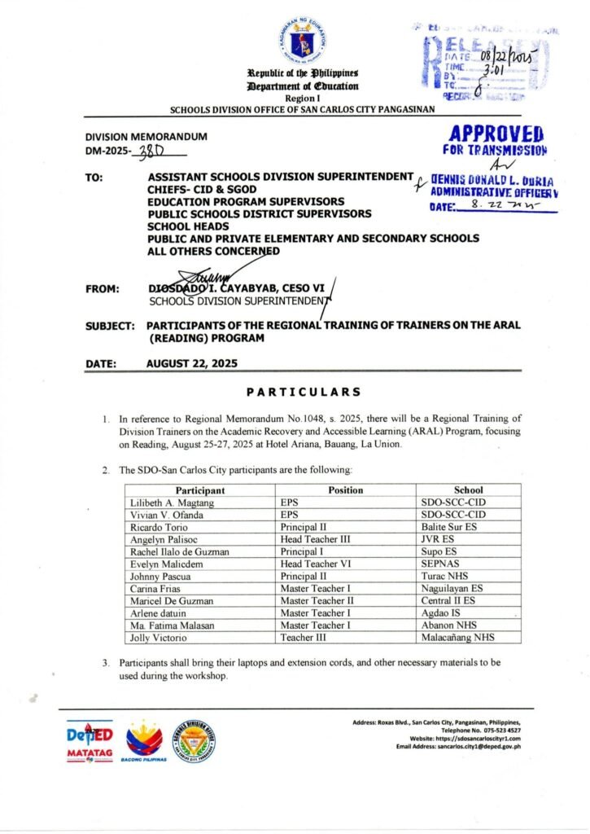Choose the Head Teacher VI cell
tap(314, 564)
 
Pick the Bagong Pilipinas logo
tap(143, 741)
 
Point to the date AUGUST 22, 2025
tap(192, 364)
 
